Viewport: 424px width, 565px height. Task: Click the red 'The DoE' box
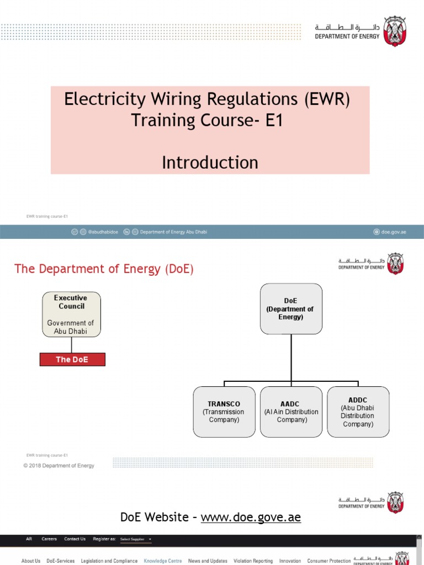[72, 360]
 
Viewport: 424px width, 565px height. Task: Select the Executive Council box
[72, 315]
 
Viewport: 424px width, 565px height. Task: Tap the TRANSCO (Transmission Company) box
[224, 412]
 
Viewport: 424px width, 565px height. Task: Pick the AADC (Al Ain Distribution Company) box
[291, 412]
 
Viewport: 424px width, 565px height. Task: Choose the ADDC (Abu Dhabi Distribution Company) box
[358, 412]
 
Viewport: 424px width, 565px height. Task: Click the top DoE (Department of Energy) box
[291, 308]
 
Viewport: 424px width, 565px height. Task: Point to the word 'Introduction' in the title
[210, 163]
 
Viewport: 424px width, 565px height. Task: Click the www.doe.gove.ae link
[251, 517]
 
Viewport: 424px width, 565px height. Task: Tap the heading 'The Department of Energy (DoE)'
[104, 269]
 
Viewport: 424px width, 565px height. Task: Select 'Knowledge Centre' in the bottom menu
[162, 561]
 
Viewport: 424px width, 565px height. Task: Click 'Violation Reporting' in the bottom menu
[253, 561]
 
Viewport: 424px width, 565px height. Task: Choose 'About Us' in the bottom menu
[31, 561]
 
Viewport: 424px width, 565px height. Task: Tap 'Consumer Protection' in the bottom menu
[328, 561]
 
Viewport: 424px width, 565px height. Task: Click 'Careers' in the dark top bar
[49, 539]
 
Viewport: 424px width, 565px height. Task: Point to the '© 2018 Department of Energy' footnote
[59, 466]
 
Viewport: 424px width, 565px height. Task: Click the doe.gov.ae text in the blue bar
[393, 232]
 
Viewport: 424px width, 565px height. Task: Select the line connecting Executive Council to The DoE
[72, 345]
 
